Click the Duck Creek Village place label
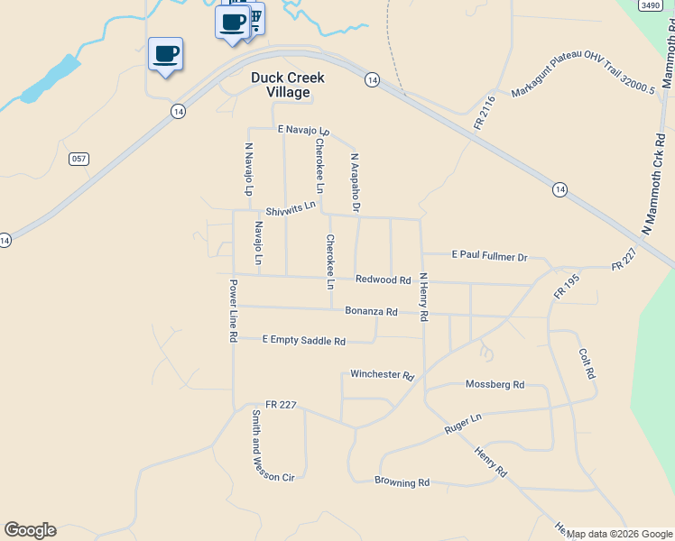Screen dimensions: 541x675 click(x=287, y=85)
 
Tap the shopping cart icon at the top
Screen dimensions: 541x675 click(x=256, y=19)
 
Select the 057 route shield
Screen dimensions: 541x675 click(x=79, y=159)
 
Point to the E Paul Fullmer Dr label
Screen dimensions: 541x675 click(x=489, y=256)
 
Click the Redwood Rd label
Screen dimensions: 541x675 click(x=384, y=280)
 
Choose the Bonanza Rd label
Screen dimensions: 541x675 click(x=371, y=312)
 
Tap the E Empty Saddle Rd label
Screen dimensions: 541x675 click(x=304, y=341)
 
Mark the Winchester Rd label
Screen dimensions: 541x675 click(x=382, y=374)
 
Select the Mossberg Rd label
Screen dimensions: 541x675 click(x=495, y=384)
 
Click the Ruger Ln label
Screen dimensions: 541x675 click(x=464, y=425)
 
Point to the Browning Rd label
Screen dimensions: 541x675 click(x=402, y=482)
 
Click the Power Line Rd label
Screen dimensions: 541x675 click(x=232, y=310)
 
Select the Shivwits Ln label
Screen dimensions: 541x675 click(x=284, y=208)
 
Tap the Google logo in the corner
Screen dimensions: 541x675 click(x=30, y=530)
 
